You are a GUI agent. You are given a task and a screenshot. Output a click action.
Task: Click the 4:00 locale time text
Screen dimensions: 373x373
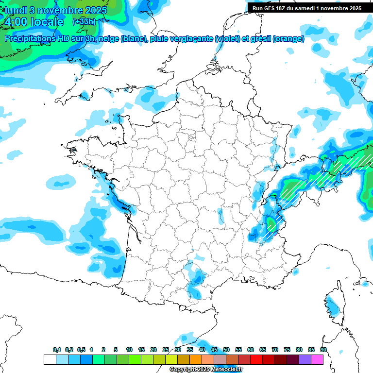[x=33, y=22]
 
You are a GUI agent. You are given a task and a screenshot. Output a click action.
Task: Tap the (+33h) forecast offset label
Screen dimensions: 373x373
[x=84, y=22]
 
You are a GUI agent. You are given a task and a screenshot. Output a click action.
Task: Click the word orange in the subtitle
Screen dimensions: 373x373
[x=289, y=39]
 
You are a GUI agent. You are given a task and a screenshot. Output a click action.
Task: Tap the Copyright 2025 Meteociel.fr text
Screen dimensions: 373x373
[x=206, y=370]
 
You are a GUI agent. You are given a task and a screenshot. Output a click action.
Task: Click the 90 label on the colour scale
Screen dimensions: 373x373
[x=323, y=350]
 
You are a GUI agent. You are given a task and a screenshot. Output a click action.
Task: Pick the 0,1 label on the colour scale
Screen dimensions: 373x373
[x=57, y=350]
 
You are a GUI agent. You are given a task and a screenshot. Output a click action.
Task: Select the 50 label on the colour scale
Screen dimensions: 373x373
[x=226, y=350]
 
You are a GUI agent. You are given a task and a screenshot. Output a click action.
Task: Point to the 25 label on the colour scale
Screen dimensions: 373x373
[x=166, y=350]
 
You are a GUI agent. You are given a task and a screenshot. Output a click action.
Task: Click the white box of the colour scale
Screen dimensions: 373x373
[x=50, y=359]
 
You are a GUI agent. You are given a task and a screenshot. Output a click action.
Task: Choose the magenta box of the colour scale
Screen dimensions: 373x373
[x=317, y=359]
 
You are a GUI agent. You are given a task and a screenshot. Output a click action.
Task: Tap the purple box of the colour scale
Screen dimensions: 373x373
[x=305, y=359]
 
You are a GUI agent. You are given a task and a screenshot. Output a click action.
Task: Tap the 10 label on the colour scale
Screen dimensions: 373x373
[x=129, y=350]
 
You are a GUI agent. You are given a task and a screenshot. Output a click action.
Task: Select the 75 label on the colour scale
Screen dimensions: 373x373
[x=287, y=350]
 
